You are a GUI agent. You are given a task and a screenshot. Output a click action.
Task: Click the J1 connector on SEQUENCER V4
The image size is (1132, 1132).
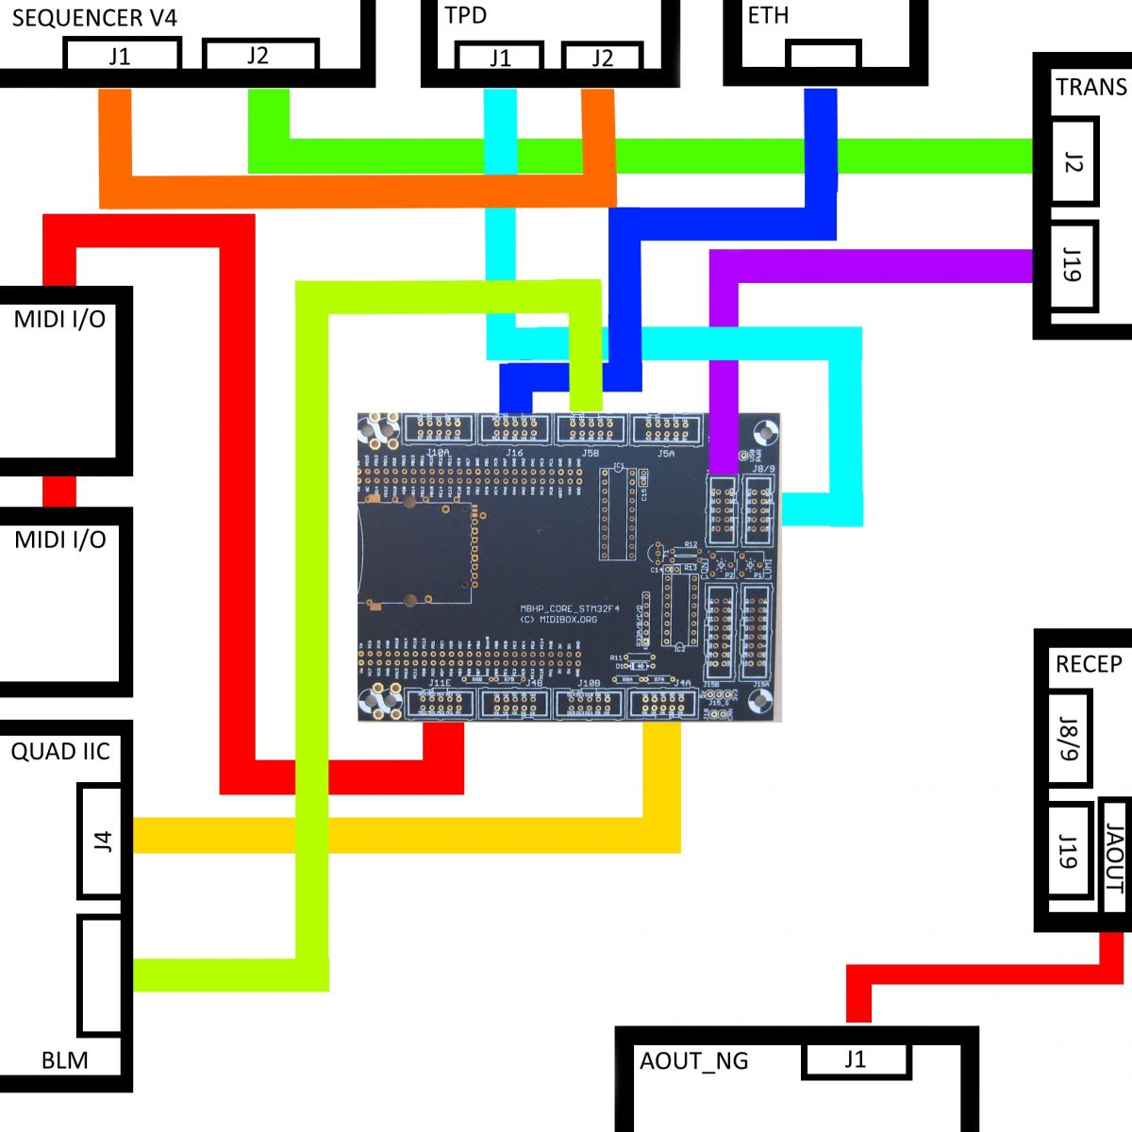tap(121, 56)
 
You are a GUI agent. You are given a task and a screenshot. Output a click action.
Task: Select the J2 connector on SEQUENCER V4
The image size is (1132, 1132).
tap(259, 56)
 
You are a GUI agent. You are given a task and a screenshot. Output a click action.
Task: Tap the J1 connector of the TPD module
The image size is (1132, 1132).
tap(500, 58)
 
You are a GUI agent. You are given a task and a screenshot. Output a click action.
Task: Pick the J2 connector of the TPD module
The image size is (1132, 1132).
tap(602, 58)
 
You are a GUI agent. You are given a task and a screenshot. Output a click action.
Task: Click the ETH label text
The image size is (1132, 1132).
tap(768, 16)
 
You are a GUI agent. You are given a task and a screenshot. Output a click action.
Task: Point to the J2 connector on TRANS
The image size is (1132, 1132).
tap(1074, 161)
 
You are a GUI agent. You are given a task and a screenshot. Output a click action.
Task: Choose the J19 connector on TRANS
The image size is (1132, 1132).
tap(1074, 265)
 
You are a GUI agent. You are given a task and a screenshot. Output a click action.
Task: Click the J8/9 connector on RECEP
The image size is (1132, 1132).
tap(1069, 739)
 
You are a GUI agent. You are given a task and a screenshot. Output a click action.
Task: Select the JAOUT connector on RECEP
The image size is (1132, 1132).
tap(1115, 857)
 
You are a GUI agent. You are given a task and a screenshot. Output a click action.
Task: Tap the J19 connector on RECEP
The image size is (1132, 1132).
tap(1069, 851)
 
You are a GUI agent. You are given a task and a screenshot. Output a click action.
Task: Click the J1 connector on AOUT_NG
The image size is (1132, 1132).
tap(856, 1059)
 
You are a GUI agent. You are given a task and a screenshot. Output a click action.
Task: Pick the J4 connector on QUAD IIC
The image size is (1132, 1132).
tap(102, 841)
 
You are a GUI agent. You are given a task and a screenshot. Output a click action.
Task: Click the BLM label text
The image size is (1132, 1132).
tap(65, 1060)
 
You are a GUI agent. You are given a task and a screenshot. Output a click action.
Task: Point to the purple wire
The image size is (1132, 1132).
tap(868, 266)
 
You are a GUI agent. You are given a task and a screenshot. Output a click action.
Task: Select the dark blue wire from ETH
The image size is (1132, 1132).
tap(821, 160)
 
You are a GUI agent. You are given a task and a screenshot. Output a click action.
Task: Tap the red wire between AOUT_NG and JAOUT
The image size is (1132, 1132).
tap(981, 974)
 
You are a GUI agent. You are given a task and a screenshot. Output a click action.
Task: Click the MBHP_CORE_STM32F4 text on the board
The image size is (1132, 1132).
tap(570, 609)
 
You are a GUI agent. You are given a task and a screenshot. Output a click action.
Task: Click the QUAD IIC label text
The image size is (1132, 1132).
tap(60, 752)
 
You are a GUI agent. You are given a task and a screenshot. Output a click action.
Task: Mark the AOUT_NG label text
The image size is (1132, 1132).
tap(693, 1061)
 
